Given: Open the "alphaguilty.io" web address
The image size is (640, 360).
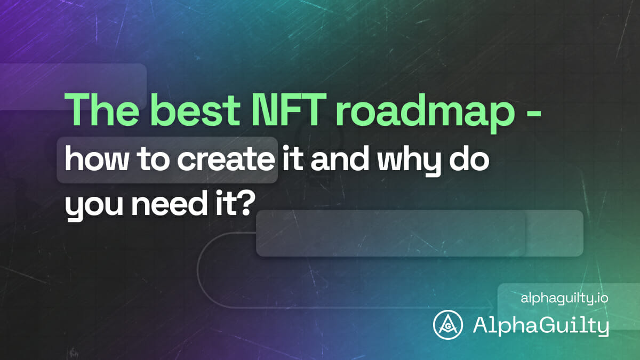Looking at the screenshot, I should [x=564, y=299].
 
